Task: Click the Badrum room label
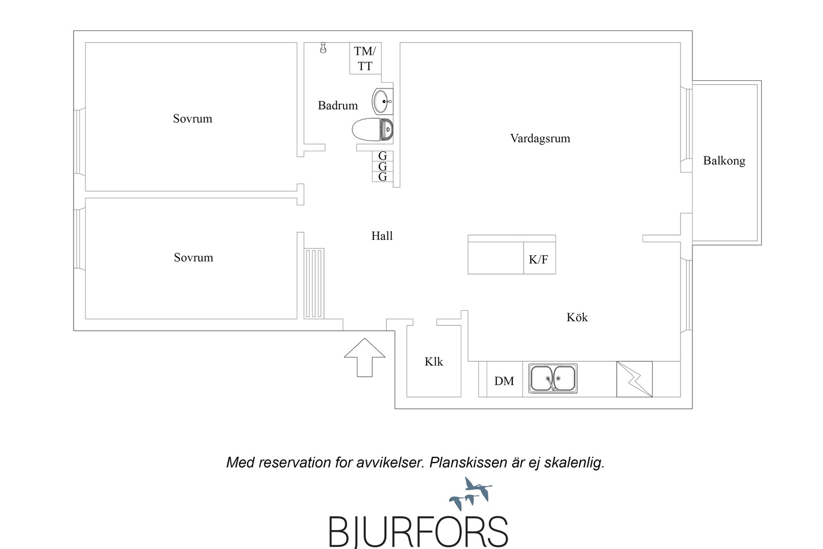point(337,106)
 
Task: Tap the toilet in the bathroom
point(372,129)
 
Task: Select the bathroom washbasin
point(383,101)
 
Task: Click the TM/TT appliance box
point(365,59)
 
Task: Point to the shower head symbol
point(323,48)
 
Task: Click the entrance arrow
point(365,357)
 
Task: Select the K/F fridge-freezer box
point(540,258)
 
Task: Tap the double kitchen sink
point(552,379)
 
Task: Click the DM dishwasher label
point(504,381)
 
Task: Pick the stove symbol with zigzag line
point(635,379)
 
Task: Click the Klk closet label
point(434,362)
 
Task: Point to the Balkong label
point(724,161)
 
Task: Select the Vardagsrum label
point(540,138)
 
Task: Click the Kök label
point(577,317)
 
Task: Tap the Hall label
point(382,236)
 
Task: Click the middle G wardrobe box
point(383,167)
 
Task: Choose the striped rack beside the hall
point(314,284)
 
